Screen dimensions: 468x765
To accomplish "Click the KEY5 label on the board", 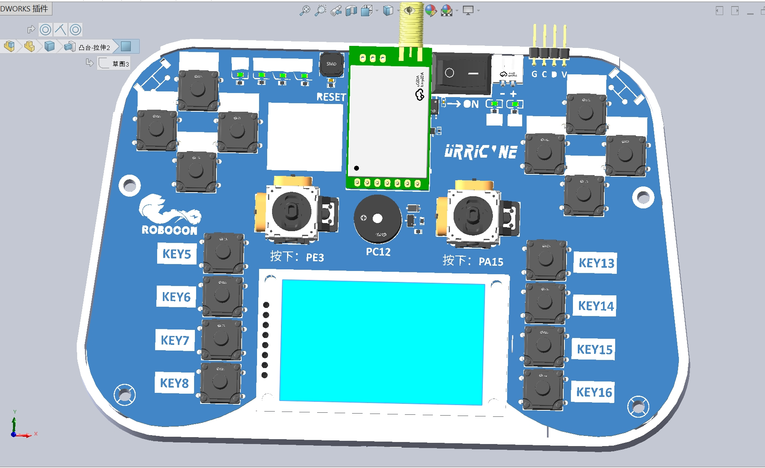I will (x=177, y=254).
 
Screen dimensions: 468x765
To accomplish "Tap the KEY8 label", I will (x=175, y=383).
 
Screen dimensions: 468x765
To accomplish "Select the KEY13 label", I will (x=596, y=263).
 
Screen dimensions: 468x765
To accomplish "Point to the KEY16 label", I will (x=594, y=392).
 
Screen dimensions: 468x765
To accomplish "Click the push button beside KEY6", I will (x=222, y=295).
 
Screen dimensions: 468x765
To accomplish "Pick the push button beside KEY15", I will (x=543, y=346).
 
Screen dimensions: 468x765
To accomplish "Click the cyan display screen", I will (x=382, y=341).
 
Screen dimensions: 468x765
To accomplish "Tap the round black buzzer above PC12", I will (x=377, y=219).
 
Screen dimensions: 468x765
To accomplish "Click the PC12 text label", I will (x=378, y=252).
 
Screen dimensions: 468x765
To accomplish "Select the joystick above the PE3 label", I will (x=291, y=211).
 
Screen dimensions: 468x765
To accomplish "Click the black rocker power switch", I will (x=461, y=74).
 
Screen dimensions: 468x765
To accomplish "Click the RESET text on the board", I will (x=331, y=97).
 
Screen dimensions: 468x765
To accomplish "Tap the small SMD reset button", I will (x=331, y=64).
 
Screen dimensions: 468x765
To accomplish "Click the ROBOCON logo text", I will (x=169, y=230).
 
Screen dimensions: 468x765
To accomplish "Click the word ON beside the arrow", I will (x=471, y=104).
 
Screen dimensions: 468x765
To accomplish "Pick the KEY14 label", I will (x=595, y=306).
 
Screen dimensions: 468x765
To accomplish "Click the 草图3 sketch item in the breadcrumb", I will (x=120, y=64).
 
